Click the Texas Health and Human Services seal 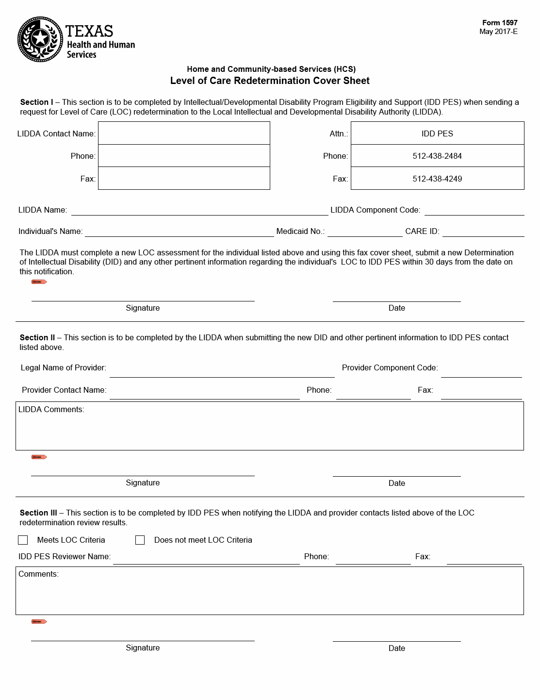(40, 39)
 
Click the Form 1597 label (499, 23)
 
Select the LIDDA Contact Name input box (184, 133)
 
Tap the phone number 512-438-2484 (437, 156)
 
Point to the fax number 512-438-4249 (437, 179)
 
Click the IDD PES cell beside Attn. (437, 133)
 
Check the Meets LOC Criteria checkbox (23, 540)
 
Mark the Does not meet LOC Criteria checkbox (140, 540)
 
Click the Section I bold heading (36, 102)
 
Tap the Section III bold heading (38, 513)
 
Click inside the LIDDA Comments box (270, 430)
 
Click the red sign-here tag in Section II (39, 457)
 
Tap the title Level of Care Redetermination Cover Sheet (270, 81)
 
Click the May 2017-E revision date (498, 32)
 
